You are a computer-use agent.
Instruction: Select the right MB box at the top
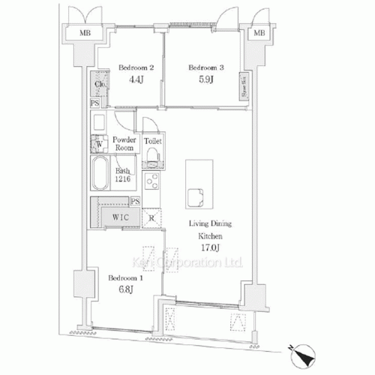pos(259,34)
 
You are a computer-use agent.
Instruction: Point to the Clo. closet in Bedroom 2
pos(98,84)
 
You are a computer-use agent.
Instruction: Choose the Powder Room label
pos(124,143)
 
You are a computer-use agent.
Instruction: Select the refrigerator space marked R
pos(151,219)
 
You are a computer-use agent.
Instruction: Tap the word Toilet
pos(152,140)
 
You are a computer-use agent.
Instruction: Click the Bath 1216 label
pos(124,175)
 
